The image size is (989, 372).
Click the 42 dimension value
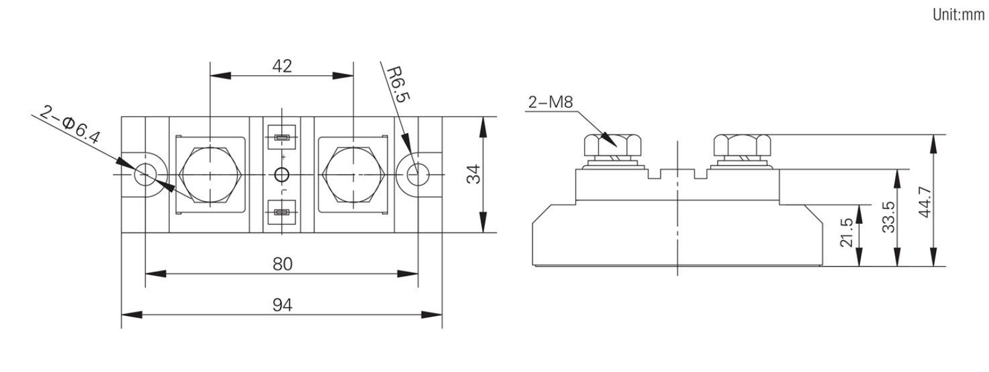coord(282,66)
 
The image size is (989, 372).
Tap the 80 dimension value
coord(282,264)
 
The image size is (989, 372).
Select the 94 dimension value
coord(282,305)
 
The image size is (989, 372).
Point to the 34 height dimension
coord(473,174)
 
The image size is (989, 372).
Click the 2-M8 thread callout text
coord(550,102)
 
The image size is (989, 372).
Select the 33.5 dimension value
coord(889,216)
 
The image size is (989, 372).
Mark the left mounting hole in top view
coord(145,175)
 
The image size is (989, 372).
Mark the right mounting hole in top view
coord(417,175)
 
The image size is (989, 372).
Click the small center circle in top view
coord(282,175)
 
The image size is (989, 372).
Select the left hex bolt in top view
coord(210,175)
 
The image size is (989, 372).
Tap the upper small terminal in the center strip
coord(282,136)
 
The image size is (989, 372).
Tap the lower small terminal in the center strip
coord(282,213)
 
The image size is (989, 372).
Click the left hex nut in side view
coord(612,146)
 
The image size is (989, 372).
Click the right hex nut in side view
coord(743,146)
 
